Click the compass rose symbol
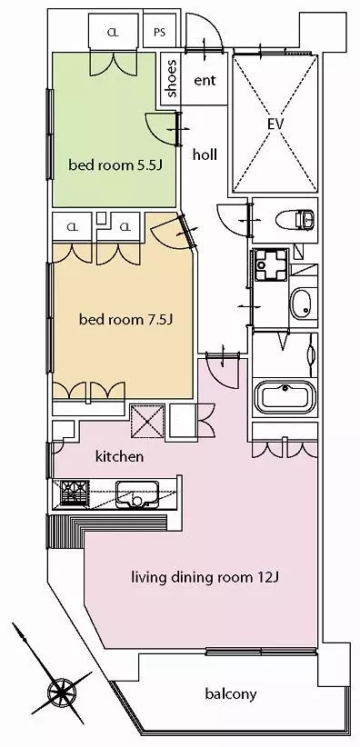tap(61, 690)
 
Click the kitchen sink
tap(137, 493)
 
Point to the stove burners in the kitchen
tap(74, 492)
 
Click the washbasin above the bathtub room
tap(300, 304)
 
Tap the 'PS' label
tap(160, 33)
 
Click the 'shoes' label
tap(172, 78)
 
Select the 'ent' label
tap(205, 80)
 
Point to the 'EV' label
tap(275, 124)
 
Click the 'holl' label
tap(205, 154)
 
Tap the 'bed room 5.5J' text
tap(115, 165)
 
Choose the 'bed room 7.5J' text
tap(125, 320)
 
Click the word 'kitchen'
tap(120, 456)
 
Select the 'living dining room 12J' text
tap(205, 578)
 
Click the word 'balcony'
tap(231, 694)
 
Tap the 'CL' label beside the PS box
tap(113, 33)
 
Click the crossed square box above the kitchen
tap(147, 420)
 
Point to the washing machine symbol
tap(271, 264)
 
